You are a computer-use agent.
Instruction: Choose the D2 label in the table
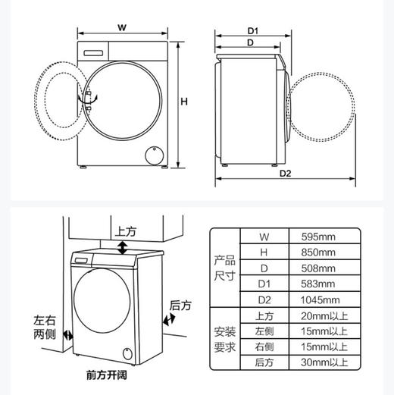[x=264, y=300]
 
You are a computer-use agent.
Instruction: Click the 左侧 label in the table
[x=264, y=332]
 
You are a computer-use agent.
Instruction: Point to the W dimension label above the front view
[x=121, y=28]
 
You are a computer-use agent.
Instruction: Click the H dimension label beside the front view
[x=183, y=102]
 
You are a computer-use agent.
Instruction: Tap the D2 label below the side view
[x=285, y=173]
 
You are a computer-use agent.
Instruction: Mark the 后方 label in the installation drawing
[x=180, y=305]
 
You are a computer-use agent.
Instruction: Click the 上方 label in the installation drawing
[x=125, y=230]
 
